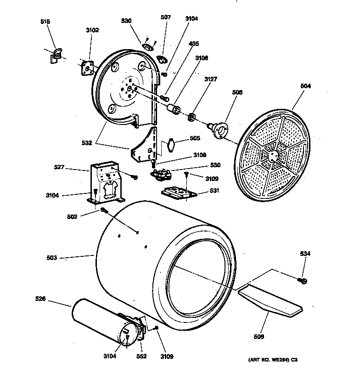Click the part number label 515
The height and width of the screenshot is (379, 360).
click(x=45, y=22)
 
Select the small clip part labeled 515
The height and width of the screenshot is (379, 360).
click(x=56, y=56)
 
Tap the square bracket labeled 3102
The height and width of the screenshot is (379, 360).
click(x=86, y=68)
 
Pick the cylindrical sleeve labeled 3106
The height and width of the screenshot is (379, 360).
click(x=174, y=110)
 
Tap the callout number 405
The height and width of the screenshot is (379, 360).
click(x=194, y=44)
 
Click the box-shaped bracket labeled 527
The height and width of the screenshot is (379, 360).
click(x=106, y=184)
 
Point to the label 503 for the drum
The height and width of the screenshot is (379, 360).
click(x=51, y=258)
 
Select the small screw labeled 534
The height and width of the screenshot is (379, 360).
click(x=304, y=280)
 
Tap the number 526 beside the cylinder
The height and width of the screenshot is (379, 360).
click(x=40, y=299)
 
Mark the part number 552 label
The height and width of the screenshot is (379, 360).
click(x=142, y=356)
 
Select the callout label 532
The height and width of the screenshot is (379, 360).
click(x=87, y=143)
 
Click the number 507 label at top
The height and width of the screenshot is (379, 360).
click(x=166, y=17)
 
